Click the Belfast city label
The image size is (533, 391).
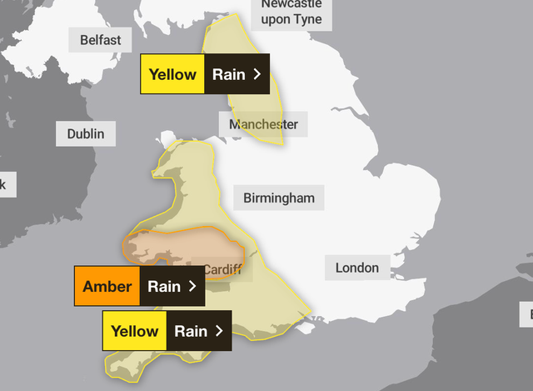click(x=100, y=39)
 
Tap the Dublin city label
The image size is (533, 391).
click(x=86, y=133)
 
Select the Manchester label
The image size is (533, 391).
click(x=263, y=124)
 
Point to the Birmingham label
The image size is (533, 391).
click(x=279, y=198)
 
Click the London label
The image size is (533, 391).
click(x=356, y=268)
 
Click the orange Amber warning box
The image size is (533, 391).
click(x=107, y=287)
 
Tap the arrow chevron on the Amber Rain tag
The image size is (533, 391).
click(x=192, y=287)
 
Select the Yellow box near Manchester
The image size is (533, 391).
click(x=172, y=74)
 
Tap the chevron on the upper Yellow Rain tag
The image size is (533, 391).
click(x=257, y=74)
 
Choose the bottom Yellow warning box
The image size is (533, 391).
click(x=135, y=331)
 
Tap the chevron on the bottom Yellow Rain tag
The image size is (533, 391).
click(x=220, y=331)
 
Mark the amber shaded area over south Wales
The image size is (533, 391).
click(x=179, y=247)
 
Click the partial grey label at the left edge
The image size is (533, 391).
click(x=3, y=184)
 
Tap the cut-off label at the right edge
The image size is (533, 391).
click(x=528, y=314)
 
